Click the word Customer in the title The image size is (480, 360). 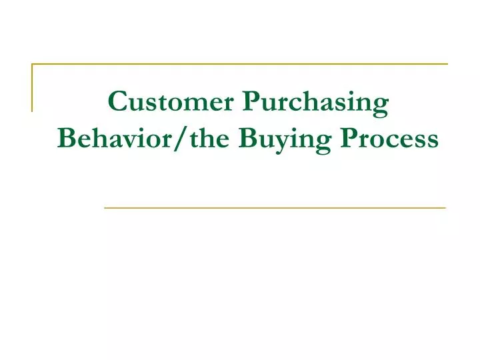point(170,101)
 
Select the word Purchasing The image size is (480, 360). point(315,103)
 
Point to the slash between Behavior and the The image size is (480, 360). point(176,139)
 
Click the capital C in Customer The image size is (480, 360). point(117,101)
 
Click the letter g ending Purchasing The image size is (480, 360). point(381,105)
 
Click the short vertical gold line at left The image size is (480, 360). point(32,87)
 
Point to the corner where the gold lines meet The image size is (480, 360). point(32,64)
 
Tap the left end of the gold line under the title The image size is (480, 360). point(105,208)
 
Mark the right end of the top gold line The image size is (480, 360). point(447,64)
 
